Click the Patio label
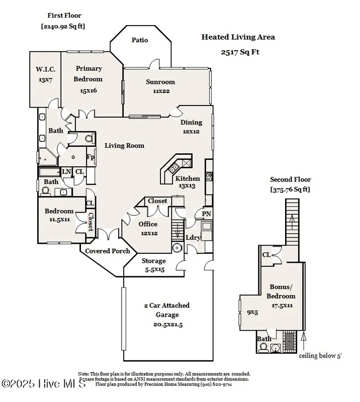point(140,40)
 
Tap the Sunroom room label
point(160,82)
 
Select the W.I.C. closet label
point(45,69)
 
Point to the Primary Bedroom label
point(89,74)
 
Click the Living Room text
point(124,146)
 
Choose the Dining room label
point(191,122)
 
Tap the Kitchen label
point(188,179)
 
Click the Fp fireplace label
point(91,157)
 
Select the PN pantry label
point(207,214)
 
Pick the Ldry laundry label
point(194,237)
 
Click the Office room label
point(148,224)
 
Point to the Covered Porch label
point(107,251)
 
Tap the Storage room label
point(153,261)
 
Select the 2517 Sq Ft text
point(239,52)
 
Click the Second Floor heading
point(291,179)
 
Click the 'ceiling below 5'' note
point(320,356)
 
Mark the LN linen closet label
point(66,172)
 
